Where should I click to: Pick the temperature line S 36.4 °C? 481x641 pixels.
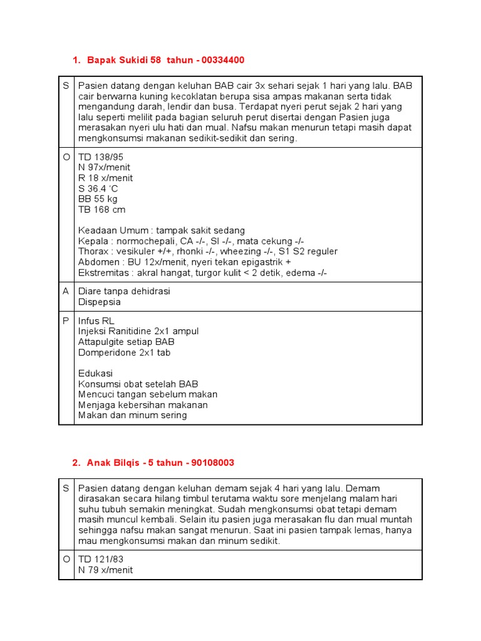[98, 188]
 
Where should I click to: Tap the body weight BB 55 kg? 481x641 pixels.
[98, 199]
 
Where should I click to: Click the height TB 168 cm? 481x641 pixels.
[101, 210]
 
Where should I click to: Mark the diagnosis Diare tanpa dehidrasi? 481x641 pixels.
[124, 291]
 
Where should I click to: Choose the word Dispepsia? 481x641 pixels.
[100, 302]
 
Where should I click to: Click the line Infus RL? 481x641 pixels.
[96, 320]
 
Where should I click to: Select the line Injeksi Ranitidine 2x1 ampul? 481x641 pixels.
[138, 331]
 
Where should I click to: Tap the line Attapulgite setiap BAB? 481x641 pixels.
[126, 342]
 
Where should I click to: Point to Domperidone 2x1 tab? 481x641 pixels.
[123, 352]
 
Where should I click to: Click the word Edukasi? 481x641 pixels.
[96, 373]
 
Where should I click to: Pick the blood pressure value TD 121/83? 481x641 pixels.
[100, 560]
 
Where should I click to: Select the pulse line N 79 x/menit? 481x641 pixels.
[106, 570]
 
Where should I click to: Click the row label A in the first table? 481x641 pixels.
[66, 291]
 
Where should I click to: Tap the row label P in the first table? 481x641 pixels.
[66, 320]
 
